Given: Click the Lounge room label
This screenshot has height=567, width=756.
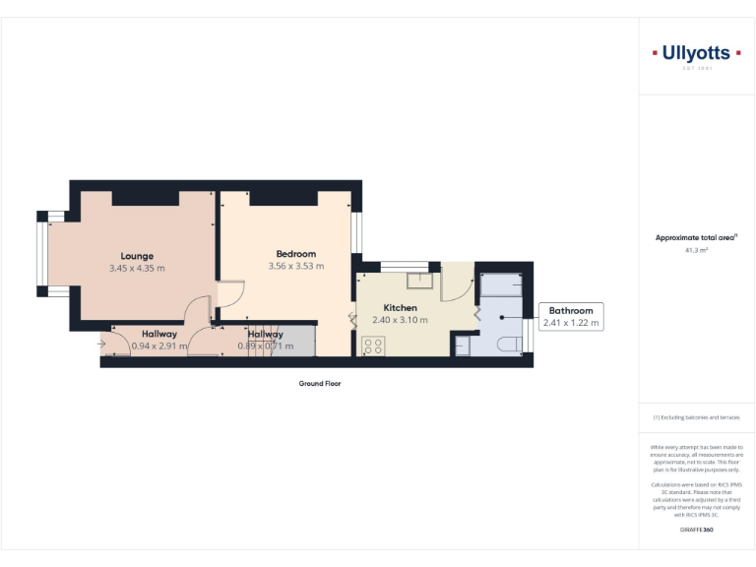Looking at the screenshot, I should click(137, 256).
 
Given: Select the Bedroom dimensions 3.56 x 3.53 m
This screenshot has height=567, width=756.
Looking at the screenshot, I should click(295, 266).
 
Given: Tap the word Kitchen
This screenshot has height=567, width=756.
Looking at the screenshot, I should click(400, 308).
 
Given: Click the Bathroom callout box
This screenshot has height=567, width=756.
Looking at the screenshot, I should click(571, 316).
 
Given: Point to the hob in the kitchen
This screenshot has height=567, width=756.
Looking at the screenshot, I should click(373, 346).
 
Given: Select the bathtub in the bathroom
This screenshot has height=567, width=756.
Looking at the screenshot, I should click(502, 285).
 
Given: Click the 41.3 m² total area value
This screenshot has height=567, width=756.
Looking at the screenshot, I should click(697, 251).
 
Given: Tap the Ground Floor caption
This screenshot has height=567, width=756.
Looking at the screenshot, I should click(320, 384).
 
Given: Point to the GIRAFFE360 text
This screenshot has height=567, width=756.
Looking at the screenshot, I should click(696, 531).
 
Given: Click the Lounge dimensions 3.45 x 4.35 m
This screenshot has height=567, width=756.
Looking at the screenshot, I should click(137, 268).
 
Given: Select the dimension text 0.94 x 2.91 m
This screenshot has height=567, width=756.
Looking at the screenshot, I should click(158, 346).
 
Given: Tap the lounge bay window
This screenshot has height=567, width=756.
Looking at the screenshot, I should click(43, 253).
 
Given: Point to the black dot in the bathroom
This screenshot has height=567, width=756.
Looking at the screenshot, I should click(501, 318).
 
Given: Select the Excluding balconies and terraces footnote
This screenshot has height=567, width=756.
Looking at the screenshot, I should click(696, 417).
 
